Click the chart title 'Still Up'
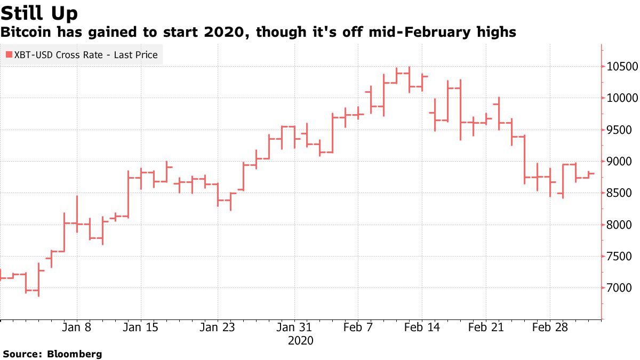[39, 13]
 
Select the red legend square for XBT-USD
[9, 55]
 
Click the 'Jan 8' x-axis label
[77, 327]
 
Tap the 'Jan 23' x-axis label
[217, 327]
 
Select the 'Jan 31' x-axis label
[294, 327]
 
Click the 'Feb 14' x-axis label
[422, 327]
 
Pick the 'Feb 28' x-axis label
[550, 327]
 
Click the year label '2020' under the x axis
[300, 340]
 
